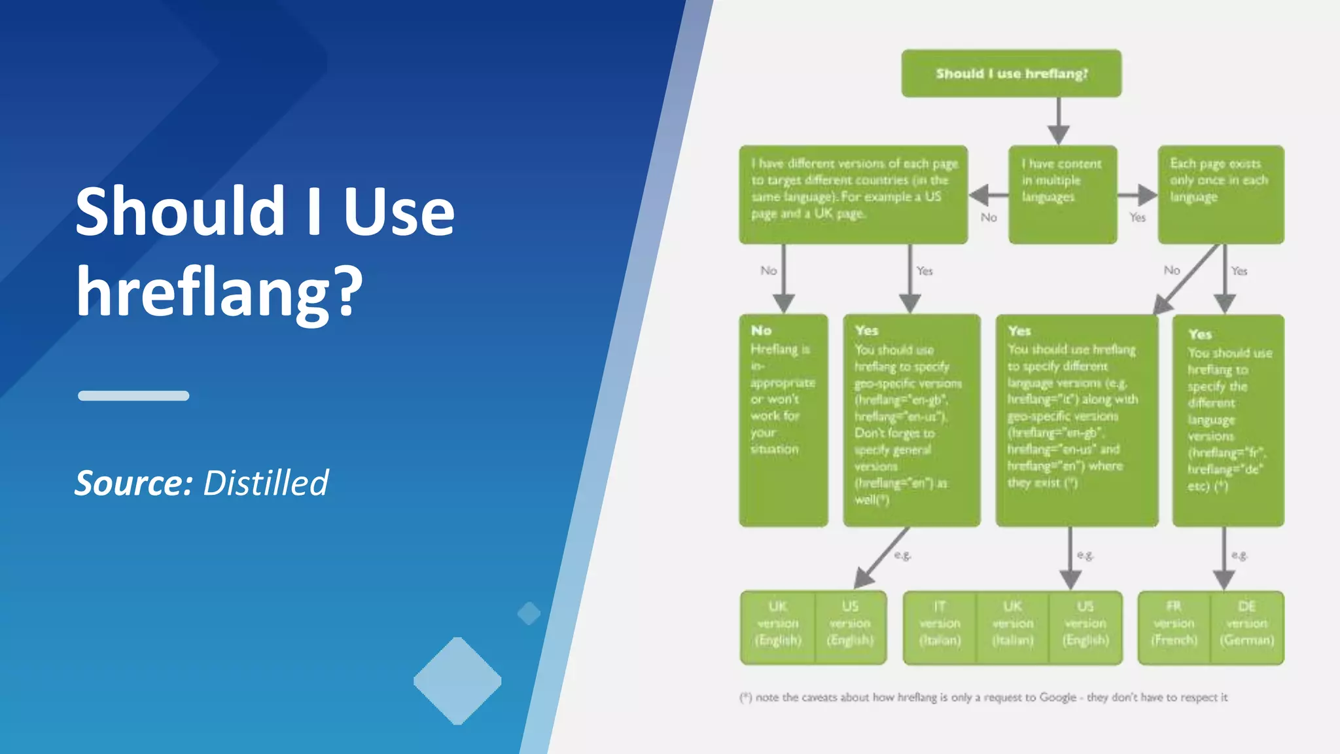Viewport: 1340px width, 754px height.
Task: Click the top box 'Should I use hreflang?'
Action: point(1011,73)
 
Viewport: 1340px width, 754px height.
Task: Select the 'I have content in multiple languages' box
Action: point(1062,194)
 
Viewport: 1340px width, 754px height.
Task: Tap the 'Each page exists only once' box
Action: point(1220,194)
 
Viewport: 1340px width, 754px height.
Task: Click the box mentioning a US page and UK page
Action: point(853,194)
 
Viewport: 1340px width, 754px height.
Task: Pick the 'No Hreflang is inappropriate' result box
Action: point(783,420)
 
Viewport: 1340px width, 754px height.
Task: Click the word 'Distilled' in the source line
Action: point(265,483)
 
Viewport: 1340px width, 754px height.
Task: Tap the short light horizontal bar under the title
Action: point(133,395)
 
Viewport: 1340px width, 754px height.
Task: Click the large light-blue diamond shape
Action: point(457,681)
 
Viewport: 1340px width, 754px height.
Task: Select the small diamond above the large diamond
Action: point(529,613)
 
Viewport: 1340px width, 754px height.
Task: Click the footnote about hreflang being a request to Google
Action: point(983,697)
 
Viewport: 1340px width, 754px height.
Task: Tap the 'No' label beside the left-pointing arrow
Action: point(988,217)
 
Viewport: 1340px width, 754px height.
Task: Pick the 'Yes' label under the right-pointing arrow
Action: point(1137,217)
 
